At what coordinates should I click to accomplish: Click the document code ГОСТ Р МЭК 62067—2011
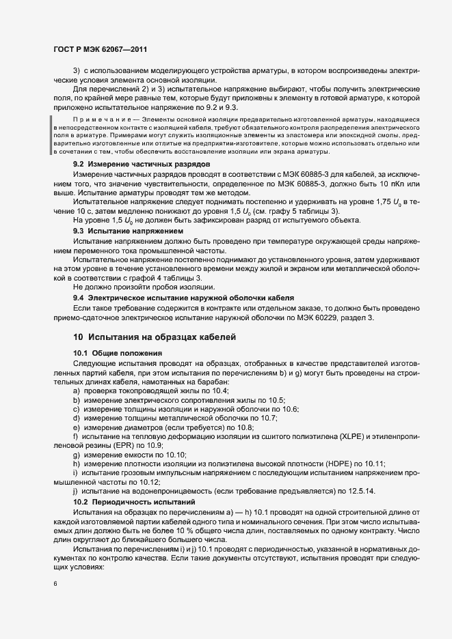(x=100, y=50)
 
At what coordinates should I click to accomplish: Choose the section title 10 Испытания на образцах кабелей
(x=154, y=337)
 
